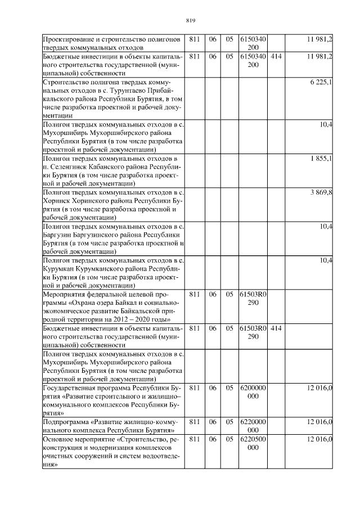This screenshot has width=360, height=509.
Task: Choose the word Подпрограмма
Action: pos(68,421)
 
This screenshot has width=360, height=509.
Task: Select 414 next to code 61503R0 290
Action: pos(276,327)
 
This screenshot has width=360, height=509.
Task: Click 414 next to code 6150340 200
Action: pos(276,57)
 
